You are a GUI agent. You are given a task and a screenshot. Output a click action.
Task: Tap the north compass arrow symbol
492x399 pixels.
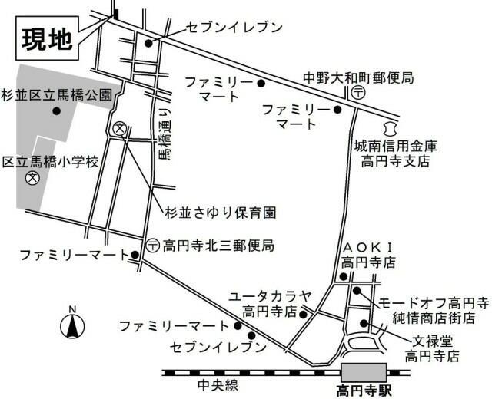pyautogui.click(x=71, y=325)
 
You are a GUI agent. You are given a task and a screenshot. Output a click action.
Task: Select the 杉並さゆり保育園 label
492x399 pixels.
pyautogui.click(x=221, y=211)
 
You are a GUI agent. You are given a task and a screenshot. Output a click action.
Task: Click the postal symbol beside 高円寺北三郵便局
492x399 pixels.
pyautogui.click(x=153, y=246)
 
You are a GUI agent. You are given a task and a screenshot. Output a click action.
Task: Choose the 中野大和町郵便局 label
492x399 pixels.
pyautogui.click(x=359, y=77)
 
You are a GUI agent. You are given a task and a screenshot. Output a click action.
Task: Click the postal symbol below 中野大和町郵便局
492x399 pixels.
pyautogui.click(x=358, y=92)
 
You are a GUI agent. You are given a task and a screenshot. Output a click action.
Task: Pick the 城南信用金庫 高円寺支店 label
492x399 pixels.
pyautogui.click(x=395, y=153)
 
